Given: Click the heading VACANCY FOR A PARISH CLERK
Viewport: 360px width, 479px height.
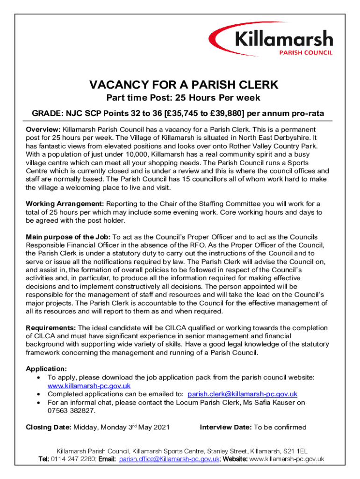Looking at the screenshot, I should point(184,85).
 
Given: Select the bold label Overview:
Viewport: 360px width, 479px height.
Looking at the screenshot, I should point(43,129).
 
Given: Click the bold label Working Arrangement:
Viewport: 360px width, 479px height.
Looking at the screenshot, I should point(65,204).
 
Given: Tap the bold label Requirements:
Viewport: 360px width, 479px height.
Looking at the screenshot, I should point(51,328).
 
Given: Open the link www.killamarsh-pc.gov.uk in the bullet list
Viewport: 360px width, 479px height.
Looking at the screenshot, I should point(89,386).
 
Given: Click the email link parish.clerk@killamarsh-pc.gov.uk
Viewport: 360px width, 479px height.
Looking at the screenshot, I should point(242,394).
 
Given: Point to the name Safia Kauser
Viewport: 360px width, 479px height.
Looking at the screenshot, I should point(269,402).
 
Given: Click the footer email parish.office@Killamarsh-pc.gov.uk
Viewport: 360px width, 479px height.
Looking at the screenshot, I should point(169,459).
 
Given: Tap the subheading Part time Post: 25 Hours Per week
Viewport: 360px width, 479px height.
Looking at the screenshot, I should point(183,98).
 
